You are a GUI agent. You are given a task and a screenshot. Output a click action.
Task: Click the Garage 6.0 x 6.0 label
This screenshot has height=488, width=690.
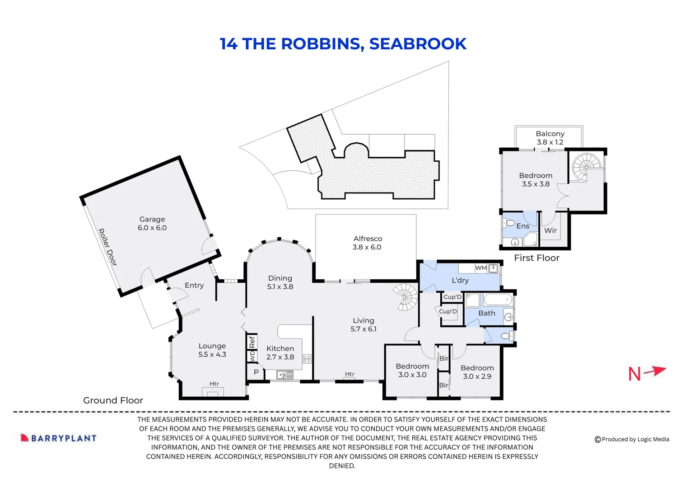click(x=152, y=224)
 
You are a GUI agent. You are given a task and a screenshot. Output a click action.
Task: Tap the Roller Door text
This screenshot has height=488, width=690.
click(x=107, y=247)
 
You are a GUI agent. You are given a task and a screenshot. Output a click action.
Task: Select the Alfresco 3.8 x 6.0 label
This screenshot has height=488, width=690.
click(x=367, y=243)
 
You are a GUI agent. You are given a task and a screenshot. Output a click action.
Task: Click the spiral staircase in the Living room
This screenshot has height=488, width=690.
click(x=405, y=297)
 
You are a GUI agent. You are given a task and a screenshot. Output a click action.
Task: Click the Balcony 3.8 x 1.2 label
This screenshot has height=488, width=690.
click(x=550, y=138)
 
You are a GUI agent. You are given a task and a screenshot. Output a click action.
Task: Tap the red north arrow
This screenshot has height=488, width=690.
click(x=654, y=371)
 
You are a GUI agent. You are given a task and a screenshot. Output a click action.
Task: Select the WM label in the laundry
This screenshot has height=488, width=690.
click(x=481, y=268)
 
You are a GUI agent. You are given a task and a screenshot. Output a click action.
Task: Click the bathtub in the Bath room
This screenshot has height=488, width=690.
click(x=498, y=299)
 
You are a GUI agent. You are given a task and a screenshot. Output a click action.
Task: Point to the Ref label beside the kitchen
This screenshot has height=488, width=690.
click(x=252, y=342)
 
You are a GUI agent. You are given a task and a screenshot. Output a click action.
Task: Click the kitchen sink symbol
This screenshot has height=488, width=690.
click(x=284, y=375)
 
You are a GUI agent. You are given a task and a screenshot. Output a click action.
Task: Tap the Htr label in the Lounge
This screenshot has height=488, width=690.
click(x=214, y=384)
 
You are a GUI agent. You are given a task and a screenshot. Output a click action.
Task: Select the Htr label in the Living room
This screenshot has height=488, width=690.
click(x=350, y=374)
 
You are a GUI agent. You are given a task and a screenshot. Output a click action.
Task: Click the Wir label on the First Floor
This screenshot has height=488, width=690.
click(x=550, y=230)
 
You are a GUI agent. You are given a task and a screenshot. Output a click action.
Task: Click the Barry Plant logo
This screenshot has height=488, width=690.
click(x=59, y=438)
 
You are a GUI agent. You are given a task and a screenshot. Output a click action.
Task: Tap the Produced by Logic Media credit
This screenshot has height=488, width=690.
click(x=632, y=439)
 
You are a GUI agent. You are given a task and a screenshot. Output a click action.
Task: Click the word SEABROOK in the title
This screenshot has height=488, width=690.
click(x=418, y=44)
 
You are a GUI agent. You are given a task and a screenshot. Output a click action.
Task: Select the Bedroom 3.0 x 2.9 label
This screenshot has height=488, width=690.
click(x=477, y=372)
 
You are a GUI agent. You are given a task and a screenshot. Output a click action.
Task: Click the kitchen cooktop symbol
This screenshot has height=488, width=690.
click(x=307, y=359)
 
